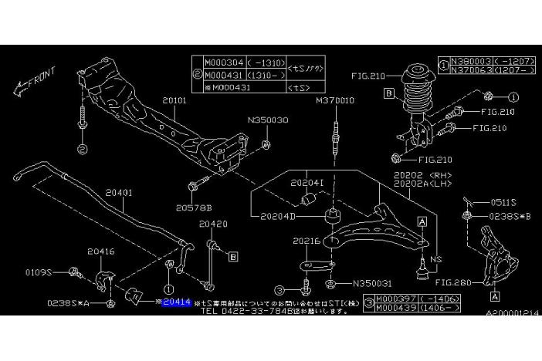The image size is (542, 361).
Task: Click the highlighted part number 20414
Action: [x=176, y=303]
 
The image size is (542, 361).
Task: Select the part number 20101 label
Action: [x=174, y=100]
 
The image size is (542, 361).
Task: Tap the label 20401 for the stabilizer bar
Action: [x=119, y=193]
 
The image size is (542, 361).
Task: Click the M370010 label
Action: [x=334, y=100]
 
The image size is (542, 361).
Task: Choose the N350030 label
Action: [x=267, y=121]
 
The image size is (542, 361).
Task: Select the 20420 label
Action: [x=214, y=224]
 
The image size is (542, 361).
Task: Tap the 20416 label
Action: [x=100, y=251]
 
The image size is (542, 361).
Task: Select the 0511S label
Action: [x=503, y=201]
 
